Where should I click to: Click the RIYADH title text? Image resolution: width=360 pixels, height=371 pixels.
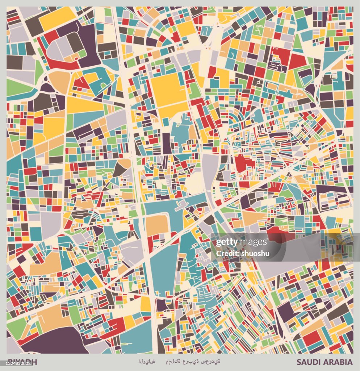tap(22, 361)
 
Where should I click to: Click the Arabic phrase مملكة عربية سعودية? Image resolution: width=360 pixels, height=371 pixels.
tap(193, 362)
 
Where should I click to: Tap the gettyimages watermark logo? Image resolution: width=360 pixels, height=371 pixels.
tap(242, 243)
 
